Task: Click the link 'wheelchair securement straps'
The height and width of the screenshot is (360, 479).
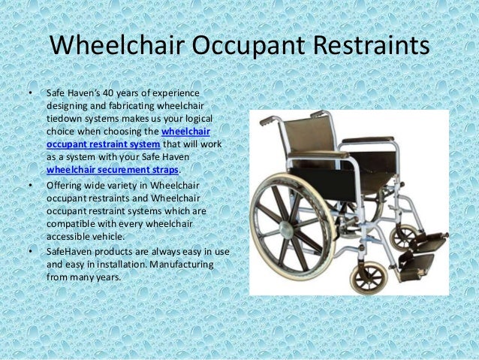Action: tap(113, 170)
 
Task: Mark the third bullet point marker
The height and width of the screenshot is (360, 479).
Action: tap(30, 253)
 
